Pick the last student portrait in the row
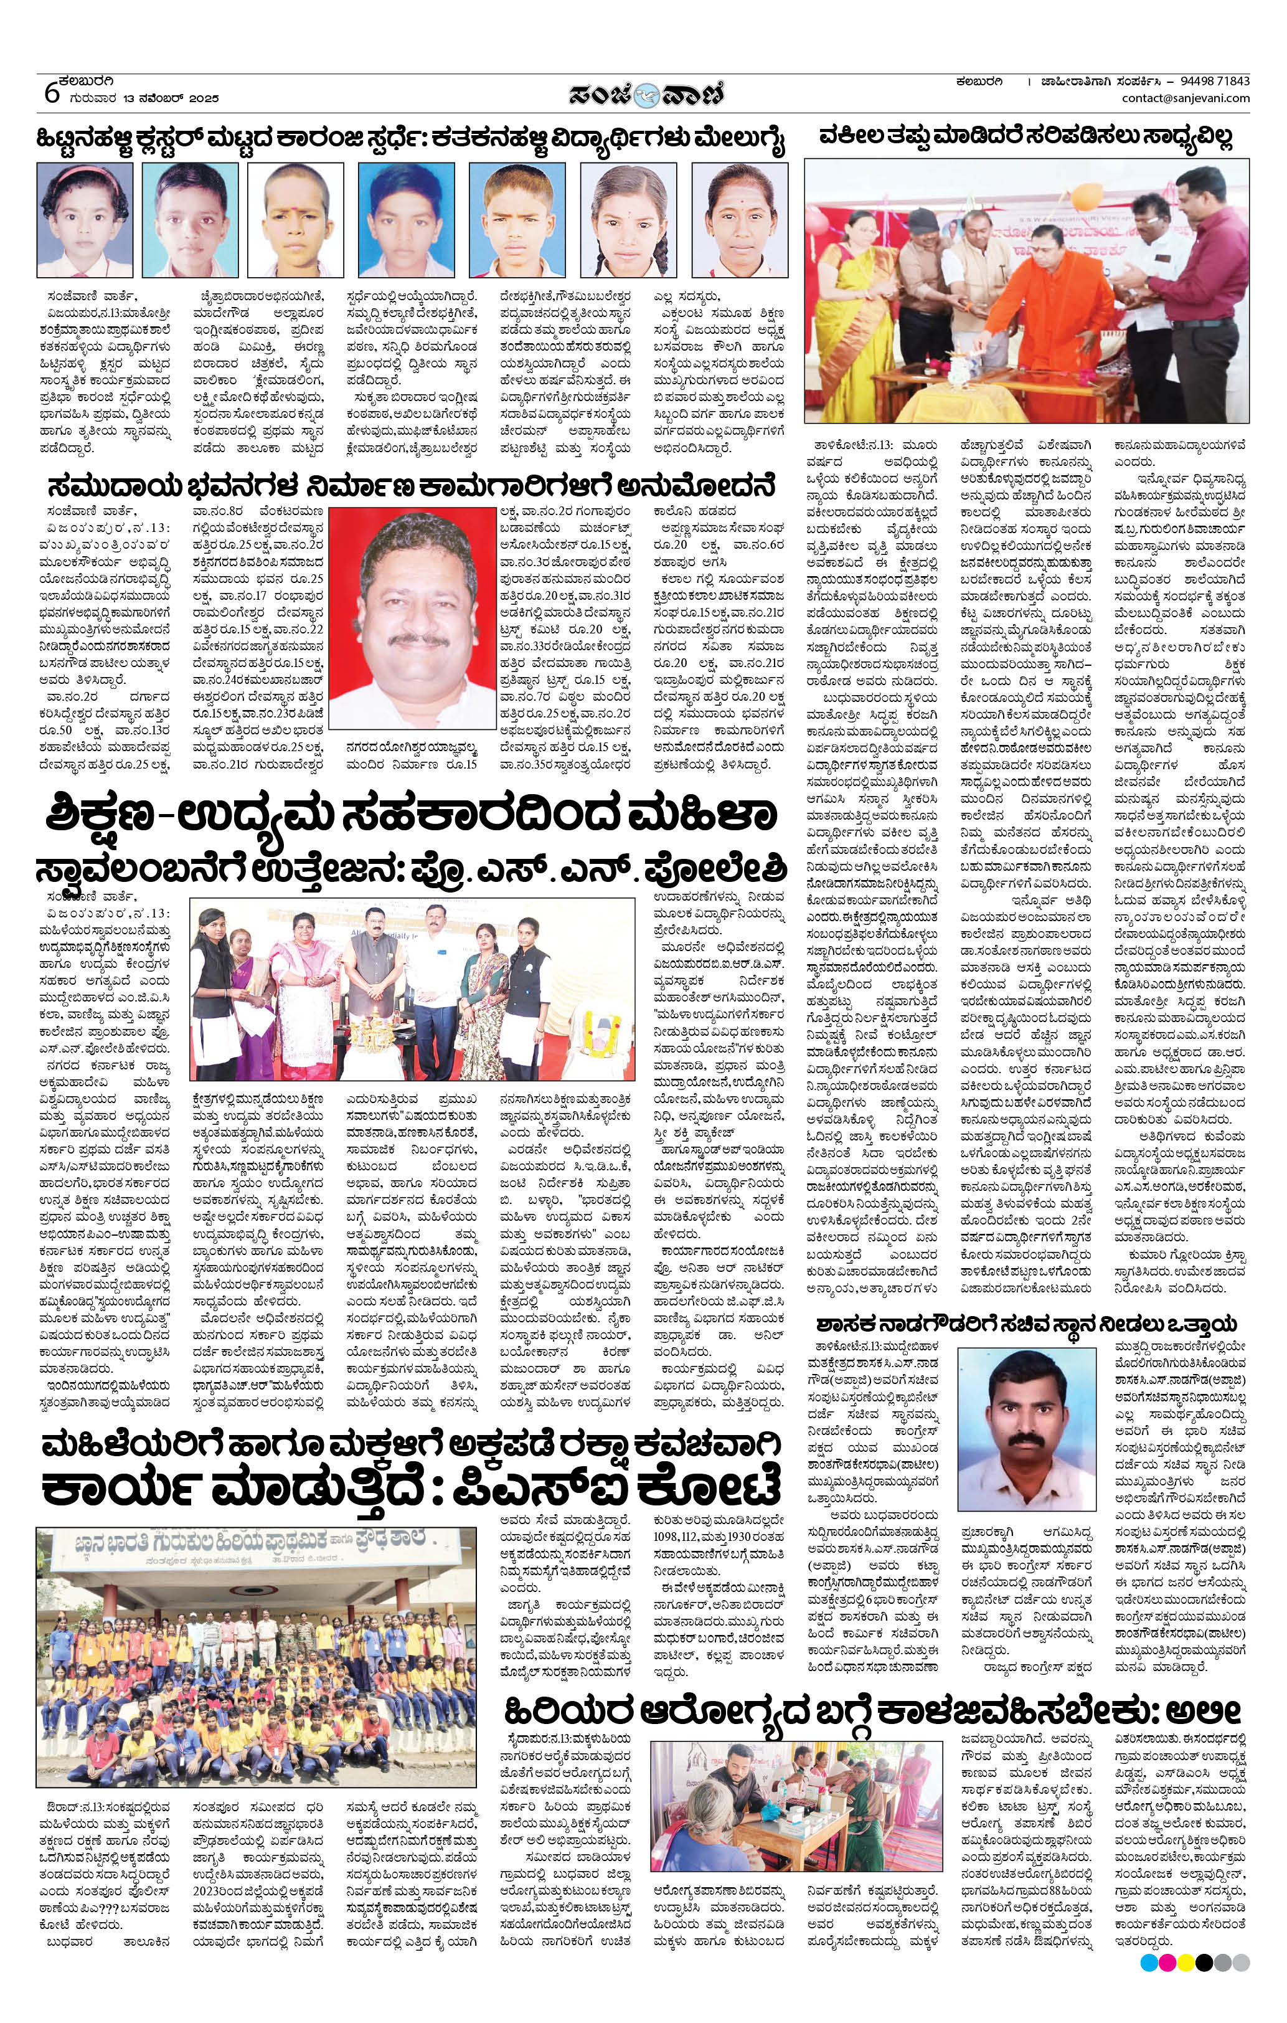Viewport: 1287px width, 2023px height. [739, 219]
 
